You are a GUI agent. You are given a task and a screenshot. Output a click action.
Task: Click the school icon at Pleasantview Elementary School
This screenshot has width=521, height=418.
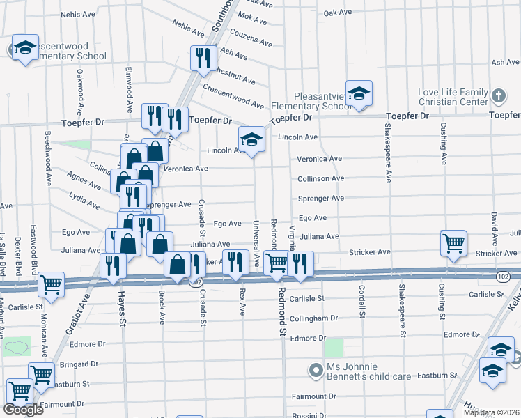(359, 93)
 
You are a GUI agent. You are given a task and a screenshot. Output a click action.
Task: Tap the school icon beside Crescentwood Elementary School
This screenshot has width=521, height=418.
(25, 48)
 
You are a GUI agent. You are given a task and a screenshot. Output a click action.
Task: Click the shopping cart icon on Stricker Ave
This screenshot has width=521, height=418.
(453, 243)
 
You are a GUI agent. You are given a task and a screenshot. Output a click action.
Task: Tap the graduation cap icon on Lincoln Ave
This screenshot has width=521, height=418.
(252, 139)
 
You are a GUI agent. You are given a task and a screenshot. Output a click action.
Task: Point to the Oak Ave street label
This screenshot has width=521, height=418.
(338, 13)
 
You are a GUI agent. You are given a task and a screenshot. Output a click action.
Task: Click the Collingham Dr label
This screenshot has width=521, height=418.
(313, 317)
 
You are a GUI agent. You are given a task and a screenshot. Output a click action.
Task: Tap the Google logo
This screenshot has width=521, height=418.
(23, 410)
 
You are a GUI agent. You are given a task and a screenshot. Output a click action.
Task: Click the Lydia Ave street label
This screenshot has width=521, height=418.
(84, 201)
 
